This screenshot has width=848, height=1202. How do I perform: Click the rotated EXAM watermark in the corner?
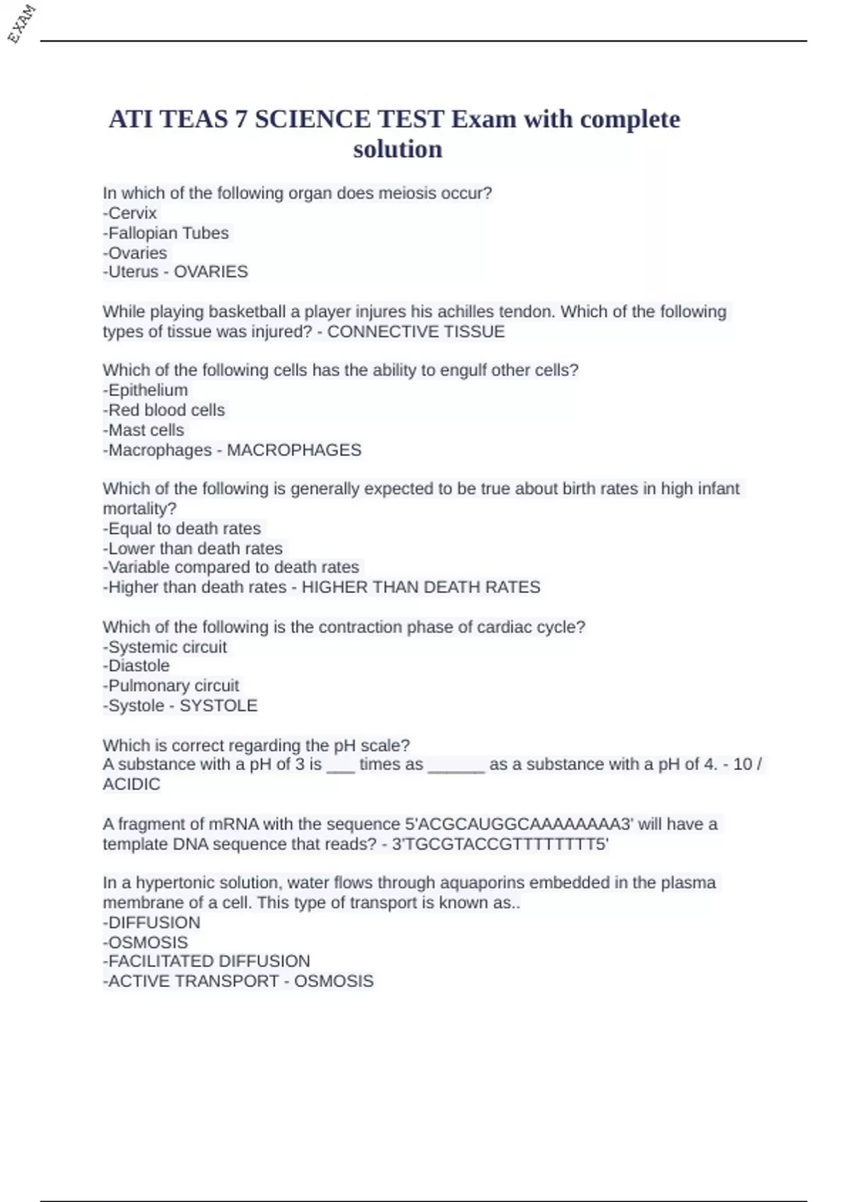pos(21,23)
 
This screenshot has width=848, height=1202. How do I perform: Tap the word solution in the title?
pos(397,149)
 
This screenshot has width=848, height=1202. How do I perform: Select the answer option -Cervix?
pos(130,213)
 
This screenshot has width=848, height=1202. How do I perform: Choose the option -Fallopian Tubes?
pos(166,233)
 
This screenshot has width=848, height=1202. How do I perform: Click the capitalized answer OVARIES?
pos(211,272)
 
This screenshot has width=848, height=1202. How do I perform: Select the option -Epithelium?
pos(146,390)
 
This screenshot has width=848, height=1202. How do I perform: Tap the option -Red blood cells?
pos(164,410)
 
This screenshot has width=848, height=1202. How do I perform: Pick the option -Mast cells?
pos(143,430)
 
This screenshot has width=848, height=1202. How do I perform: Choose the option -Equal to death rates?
pos(182,528)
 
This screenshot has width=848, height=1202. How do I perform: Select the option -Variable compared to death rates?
pos(231,567)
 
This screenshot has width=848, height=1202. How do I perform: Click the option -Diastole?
pos(136,665)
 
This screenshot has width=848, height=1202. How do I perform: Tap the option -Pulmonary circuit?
pos(171,686)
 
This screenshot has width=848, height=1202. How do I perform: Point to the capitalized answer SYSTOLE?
pos(218,706)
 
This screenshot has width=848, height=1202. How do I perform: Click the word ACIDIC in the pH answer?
pos(131,784)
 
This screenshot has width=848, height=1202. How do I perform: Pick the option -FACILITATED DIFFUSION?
pos(206,961)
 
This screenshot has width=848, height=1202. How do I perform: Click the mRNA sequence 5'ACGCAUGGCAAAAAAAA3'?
pos(519,824)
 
